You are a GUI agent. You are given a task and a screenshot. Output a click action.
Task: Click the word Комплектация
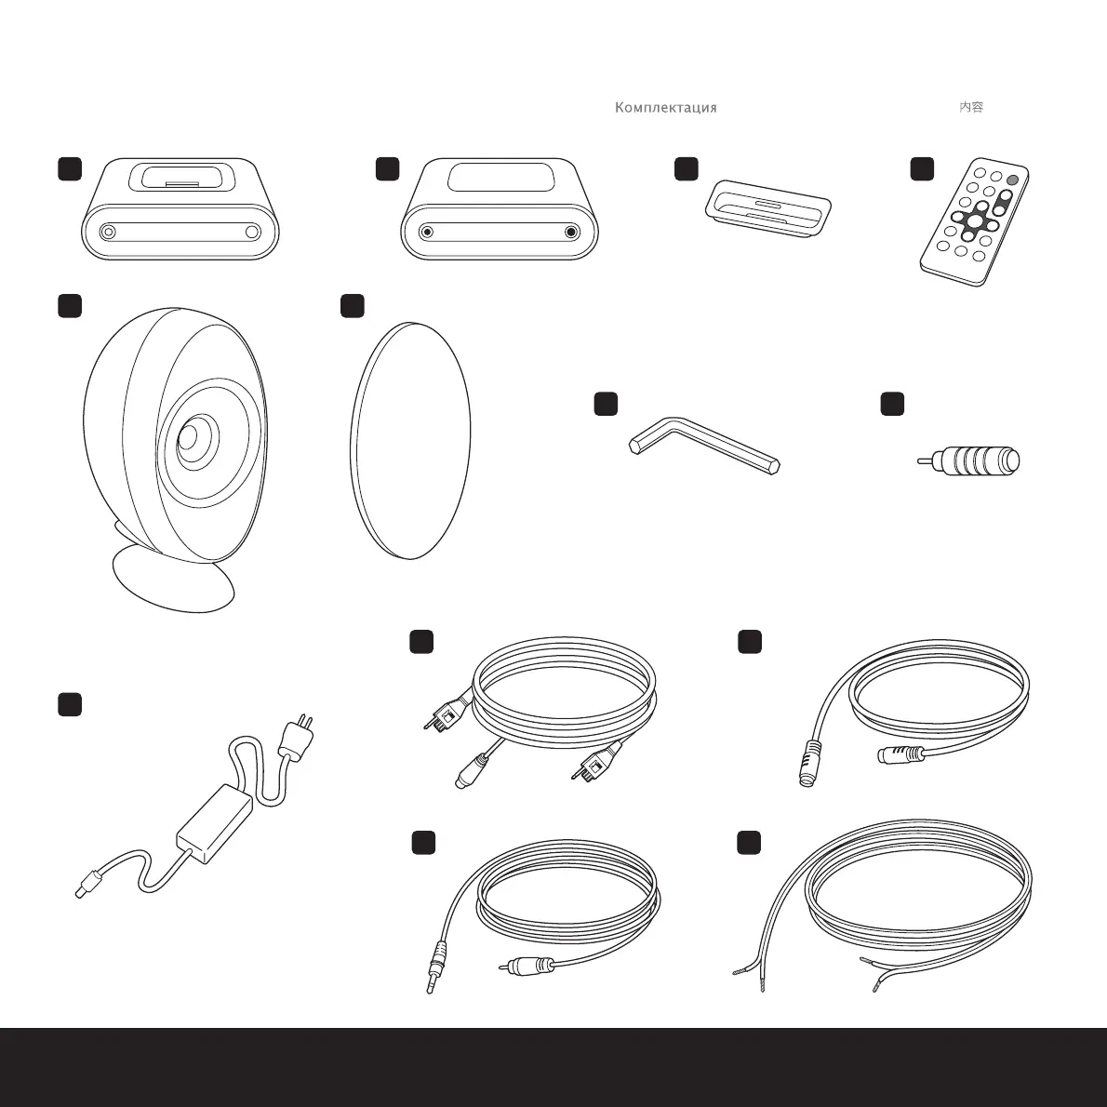(665, 108)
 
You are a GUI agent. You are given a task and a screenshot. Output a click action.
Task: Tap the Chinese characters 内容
(970, 108)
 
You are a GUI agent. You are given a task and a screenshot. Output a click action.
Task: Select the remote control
(976, 220)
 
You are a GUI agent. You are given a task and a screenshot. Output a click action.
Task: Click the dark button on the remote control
(1012, 181)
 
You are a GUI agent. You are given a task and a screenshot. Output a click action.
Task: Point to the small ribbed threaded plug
(972, 460)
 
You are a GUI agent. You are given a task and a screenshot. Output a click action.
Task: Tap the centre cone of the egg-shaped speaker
(191, 437)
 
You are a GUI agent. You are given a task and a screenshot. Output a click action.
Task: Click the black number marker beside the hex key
(606, 404)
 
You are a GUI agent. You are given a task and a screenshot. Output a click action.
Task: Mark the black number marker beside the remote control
(922, 168)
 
